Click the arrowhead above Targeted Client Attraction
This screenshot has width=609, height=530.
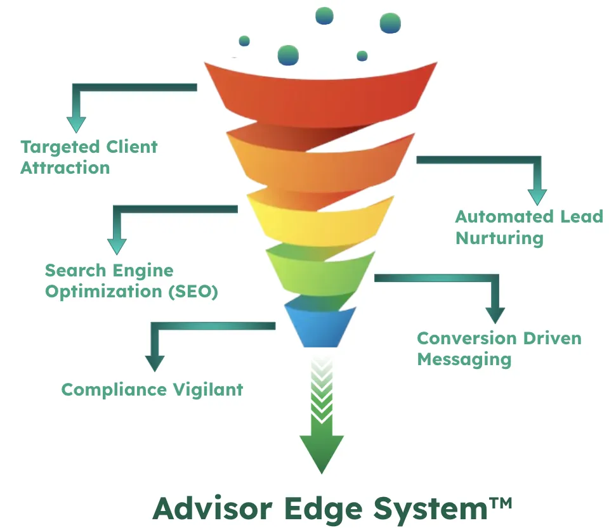(x=76, y=125)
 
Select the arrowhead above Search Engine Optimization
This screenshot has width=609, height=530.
(x=117, y=247)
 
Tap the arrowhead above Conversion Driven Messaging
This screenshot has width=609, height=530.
(x=495, y=315)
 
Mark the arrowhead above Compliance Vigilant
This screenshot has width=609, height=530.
(x=155, y=364)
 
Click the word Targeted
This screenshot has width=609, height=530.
(x=61, y=148)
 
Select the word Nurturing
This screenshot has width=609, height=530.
(x=499, y=238)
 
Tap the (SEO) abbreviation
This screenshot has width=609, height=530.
(x=193, y=292)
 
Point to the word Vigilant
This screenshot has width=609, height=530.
(x=208, y=390)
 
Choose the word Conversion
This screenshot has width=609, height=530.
(x=468, y=339)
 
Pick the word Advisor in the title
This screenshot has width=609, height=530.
(x=213, y=508)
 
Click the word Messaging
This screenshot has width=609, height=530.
(x=464, y=360)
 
